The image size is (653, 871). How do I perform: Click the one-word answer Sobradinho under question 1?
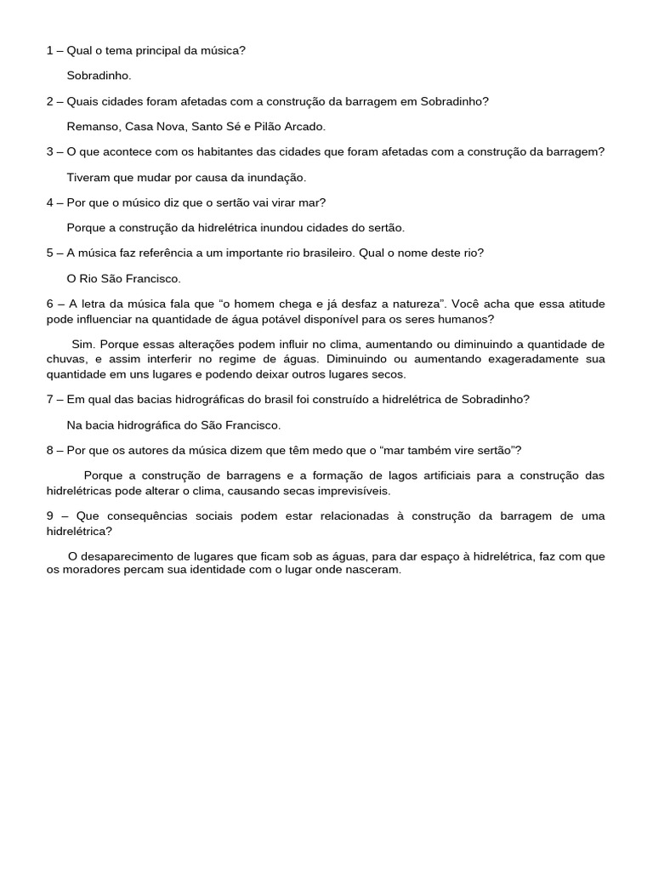99,76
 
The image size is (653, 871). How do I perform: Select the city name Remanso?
94,127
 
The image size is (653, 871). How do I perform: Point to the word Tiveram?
89,178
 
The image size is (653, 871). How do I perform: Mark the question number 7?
50,399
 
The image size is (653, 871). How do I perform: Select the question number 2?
50,101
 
